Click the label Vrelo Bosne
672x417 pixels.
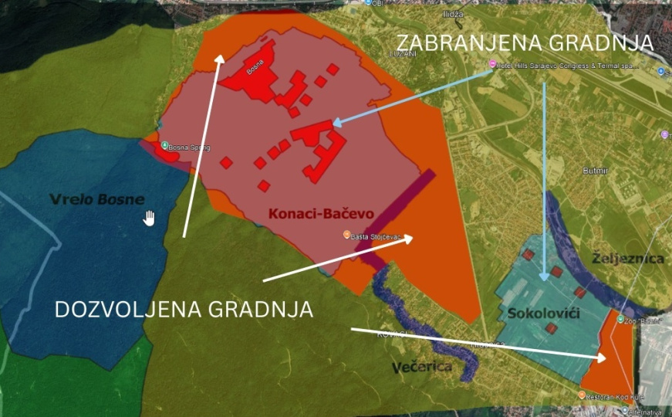pyautogui.click(x=96, y=199)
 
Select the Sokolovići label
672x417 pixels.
pyautogui.click(x=539, y=314)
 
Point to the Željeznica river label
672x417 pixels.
pyautogui.click(x=629, y=258)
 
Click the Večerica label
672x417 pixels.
pyautogui.click(x=420, y=366)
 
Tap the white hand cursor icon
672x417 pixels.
pyautogui.click(x=149, y=219)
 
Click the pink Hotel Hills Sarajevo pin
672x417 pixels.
pyautogui.click(x=492, y=65)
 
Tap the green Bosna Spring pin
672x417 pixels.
pyautogui.click(x=164, y=145)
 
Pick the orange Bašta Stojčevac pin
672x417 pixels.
pyautogui.click(x=346, y=235)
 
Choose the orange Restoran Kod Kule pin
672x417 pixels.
pyautogui.click(x=581, y=395)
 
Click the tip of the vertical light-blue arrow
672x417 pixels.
pyautogui.click(x=545, y=280)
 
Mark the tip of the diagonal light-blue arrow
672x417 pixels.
pyautogui.click(x=333, y=122)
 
